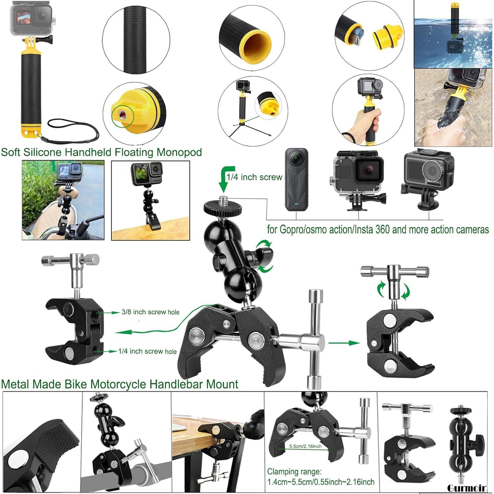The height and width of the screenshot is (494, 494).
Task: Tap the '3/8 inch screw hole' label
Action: [x=150, y=312]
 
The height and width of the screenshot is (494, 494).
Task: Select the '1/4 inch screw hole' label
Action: [x=147, y=351]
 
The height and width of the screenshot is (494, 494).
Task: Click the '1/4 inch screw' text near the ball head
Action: [x=254, y=177]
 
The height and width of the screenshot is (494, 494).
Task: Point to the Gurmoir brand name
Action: [x=466, y=488]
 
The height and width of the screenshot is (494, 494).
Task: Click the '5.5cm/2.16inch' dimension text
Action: [x=305, y=446]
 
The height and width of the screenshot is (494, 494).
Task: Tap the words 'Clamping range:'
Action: [x=294, y=472]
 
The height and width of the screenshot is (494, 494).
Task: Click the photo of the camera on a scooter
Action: [x=63, y=200]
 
